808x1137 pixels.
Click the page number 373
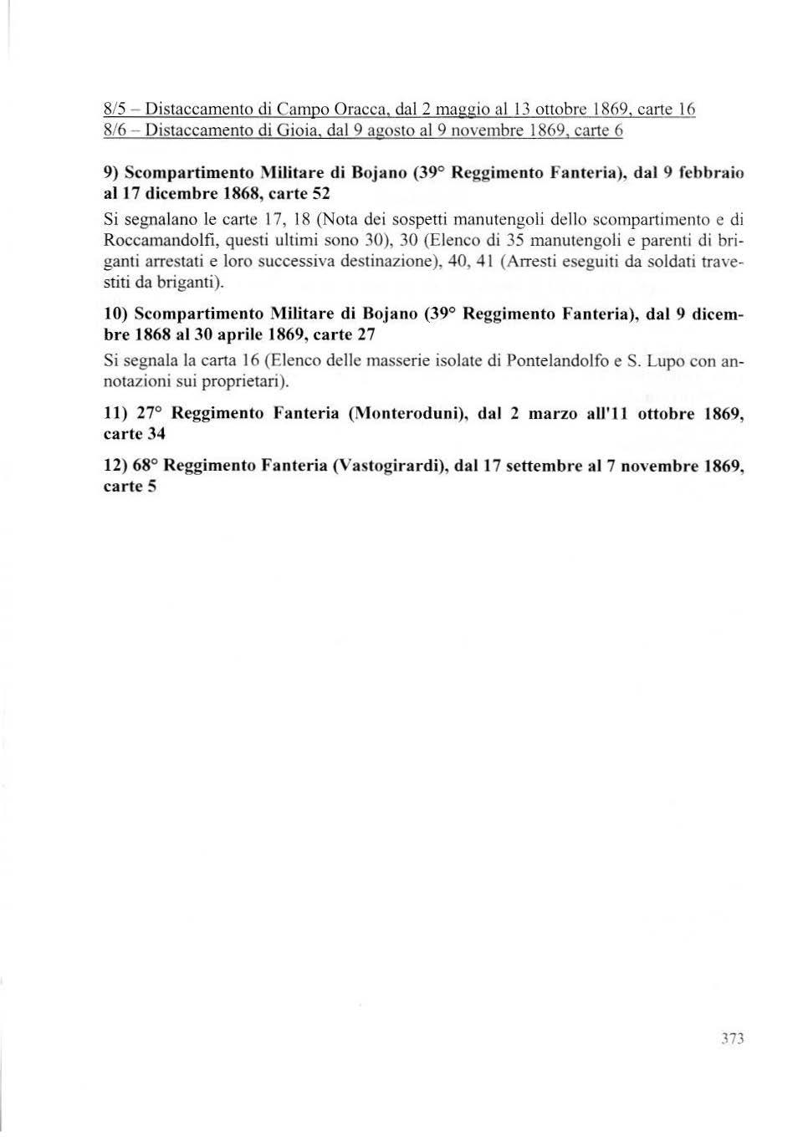click(x=732, y=1039)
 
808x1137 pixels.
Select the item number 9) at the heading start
click(x=110, y=173)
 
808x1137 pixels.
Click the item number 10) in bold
click(x=115, y=314)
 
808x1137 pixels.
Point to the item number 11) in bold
click(x=115, y=414)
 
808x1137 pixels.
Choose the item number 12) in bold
click(x=115, y=466)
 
